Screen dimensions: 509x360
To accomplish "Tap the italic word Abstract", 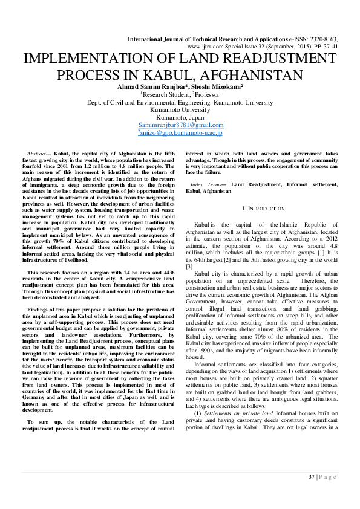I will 39,156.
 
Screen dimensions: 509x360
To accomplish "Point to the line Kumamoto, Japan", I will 180,117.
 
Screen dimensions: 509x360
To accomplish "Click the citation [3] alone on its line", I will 189,266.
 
